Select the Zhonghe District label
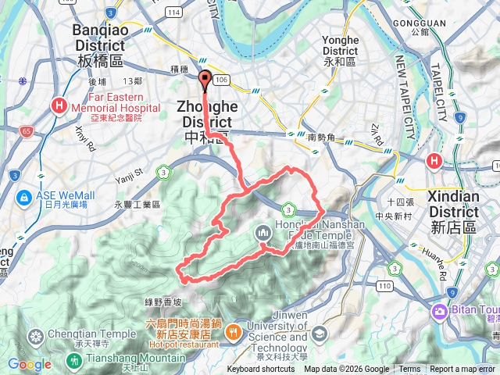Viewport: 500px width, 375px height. tap(205, 122)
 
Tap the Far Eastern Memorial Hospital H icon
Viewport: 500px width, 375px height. tap(58, 105)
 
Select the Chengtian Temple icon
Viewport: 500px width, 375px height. tap(35, 337)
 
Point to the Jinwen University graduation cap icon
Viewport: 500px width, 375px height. tap(319, 334)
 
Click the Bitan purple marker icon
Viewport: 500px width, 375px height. tap(438, 312)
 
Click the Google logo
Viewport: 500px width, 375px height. tap(29, 364)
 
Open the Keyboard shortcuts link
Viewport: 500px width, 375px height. tap(262, 370)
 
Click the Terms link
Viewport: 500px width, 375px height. tap(409, 370)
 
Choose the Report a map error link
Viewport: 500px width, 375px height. tap(462, 370)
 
